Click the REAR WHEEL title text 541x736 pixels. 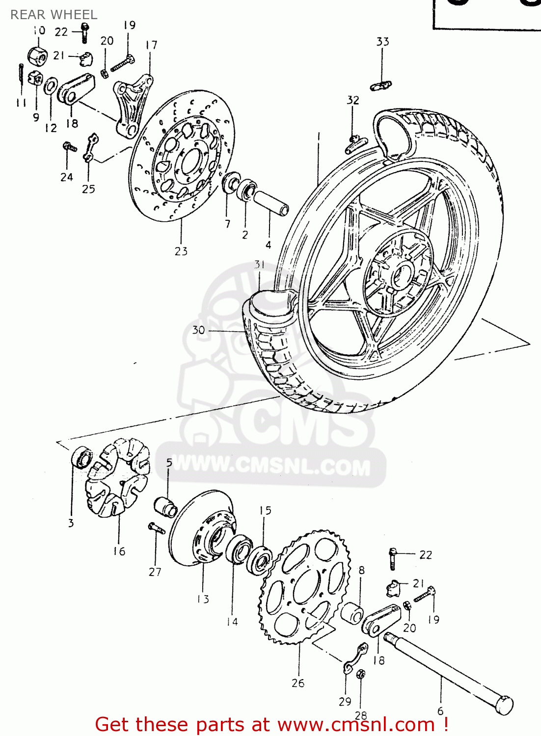(x=54, y=15)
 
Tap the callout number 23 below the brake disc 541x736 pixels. (x=181, y=251)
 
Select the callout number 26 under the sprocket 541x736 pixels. (x=298, y=683)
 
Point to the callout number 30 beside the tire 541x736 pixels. (x=198, y=330)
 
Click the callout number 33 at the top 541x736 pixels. (x=382, y=42)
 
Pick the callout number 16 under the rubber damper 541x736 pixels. (x=119, y=552)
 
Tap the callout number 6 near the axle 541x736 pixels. (x=440, y=711)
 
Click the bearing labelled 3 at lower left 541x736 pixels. (x=81, y=458)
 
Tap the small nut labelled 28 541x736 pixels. (x=360, y=674)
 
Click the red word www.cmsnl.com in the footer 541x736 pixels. (x=356, y=725)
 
